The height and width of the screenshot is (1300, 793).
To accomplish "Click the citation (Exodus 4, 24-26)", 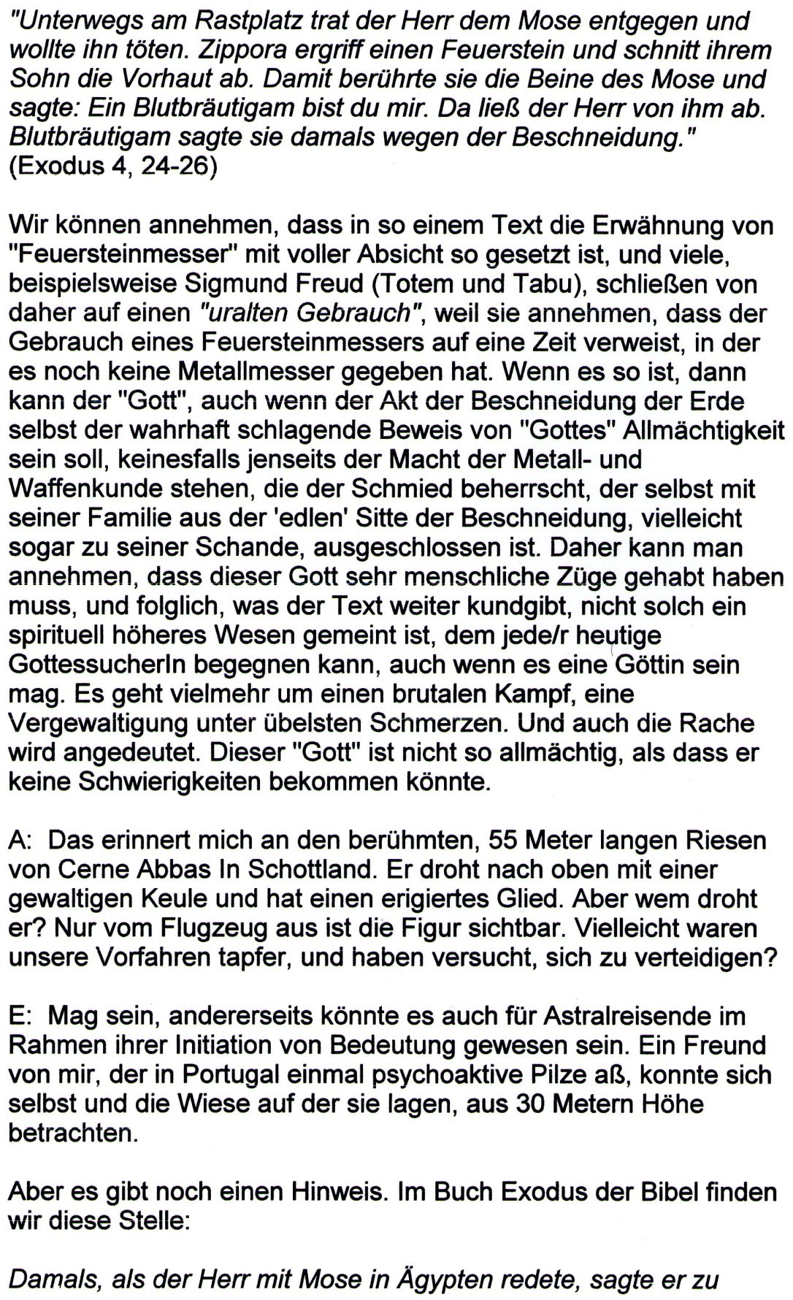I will click(112, 167).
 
